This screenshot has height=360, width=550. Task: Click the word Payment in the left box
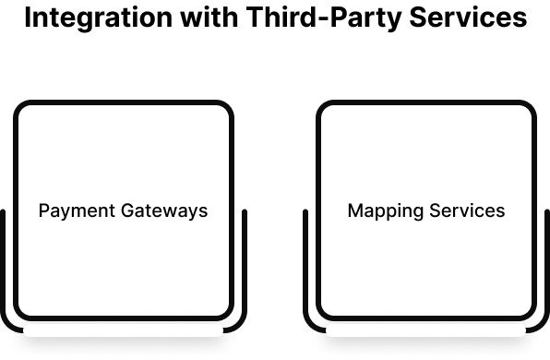77,210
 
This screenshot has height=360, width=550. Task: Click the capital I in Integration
28,19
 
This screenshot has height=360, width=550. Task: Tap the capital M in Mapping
354,210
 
